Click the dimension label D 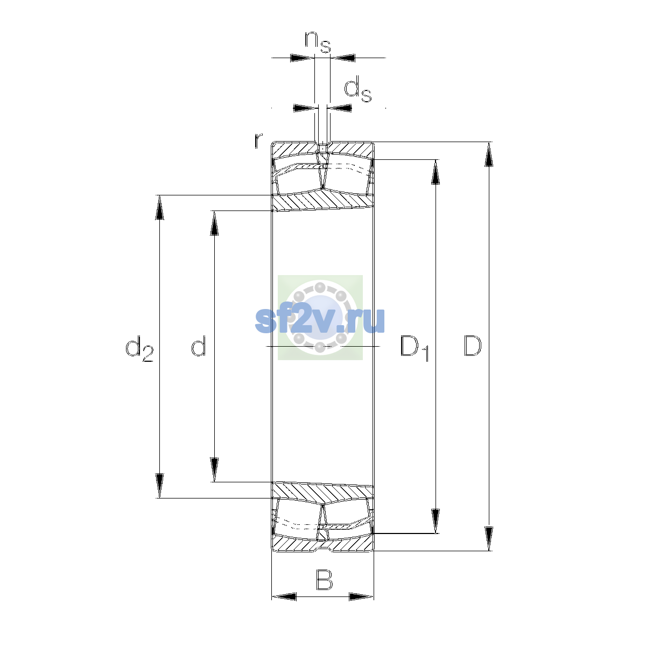472,346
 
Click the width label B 324,579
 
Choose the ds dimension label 358,89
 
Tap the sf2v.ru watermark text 320,320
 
